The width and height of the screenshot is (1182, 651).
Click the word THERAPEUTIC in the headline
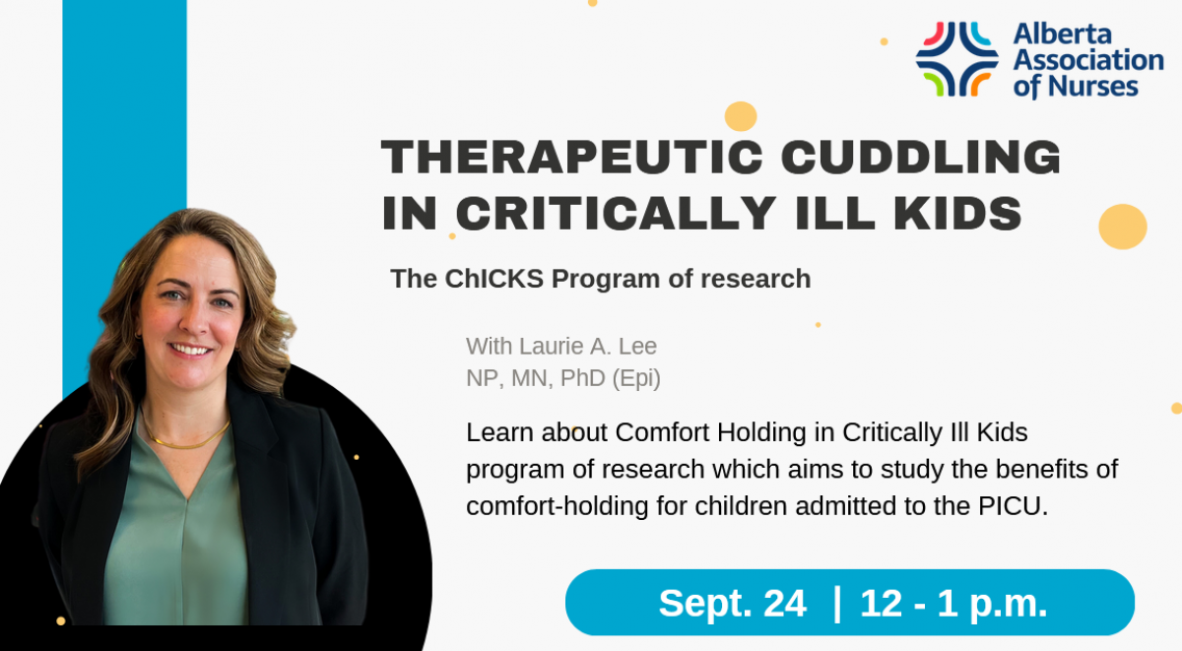(x=572, y=157)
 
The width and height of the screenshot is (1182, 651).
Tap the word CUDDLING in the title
(x=921, y=157)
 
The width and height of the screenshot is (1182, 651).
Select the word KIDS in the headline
(x=958, y=213)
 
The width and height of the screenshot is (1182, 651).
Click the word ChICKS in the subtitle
(x=493, y=279)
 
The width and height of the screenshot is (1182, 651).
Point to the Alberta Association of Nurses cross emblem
(x=956, y=58)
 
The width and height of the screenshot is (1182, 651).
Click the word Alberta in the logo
(x=1062, y=34)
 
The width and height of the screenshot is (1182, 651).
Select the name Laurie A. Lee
(x=588, y=347)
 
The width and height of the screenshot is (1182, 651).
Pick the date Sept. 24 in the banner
(x=733, y=603)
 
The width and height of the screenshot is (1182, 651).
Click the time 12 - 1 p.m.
(x=953, y=604)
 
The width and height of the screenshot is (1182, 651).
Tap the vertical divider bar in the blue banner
(x=837, y=604)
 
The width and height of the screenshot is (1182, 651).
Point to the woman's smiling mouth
(x=190, y=350)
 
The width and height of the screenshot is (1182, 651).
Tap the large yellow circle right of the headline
(x=1122, y=227)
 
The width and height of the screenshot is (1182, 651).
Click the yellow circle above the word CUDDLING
(x=741, y=116)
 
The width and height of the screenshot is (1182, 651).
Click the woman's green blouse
(x=176, y=533)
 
